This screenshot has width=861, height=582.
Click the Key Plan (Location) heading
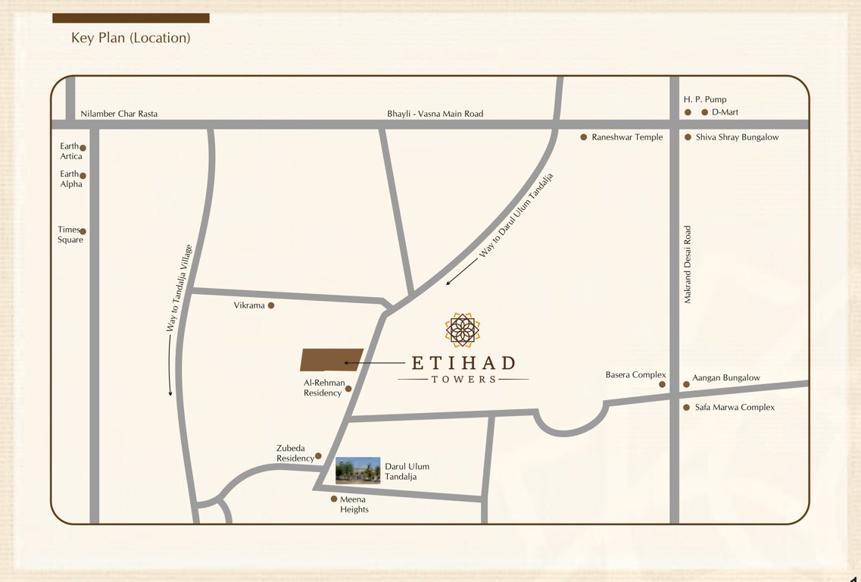tap(130, 37)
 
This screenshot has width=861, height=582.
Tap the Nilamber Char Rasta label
tap(119, 114)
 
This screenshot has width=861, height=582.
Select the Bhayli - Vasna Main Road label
tap(435, 114)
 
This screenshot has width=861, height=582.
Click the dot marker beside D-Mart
tap(704, 112)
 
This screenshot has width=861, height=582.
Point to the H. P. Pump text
tap(705, 99)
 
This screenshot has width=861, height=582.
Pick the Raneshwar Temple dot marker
tap(583, 137)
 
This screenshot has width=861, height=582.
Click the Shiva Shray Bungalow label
tap(737, 137)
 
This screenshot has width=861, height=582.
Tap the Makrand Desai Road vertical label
tap(688, 264)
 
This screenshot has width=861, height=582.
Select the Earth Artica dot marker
tap(83, 149)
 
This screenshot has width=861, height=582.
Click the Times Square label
tap(70, 235)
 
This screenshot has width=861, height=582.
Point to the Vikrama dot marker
tap(271, 305)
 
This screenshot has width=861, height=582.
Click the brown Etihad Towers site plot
tap(332, 359)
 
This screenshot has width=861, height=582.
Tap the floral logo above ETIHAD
tap(463, 330)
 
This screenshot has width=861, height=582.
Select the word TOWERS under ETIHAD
tap(463, 379)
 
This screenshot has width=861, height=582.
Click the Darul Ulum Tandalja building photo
tap(357, 471)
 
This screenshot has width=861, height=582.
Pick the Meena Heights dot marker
tap(334, 499)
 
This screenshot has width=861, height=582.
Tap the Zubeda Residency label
tap(295, 453)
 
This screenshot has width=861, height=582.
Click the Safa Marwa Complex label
tap(735, 407)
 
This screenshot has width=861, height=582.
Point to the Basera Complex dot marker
tap(662, 384)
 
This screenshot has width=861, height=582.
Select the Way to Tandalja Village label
tap(179, 288)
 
